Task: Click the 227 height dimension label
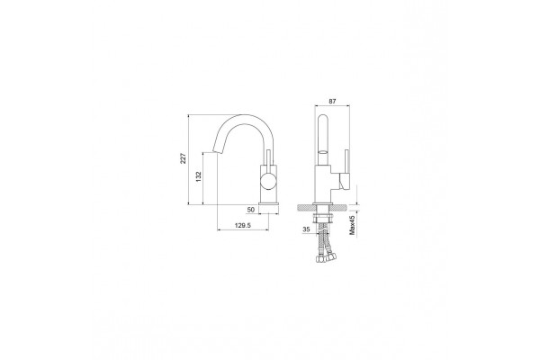(x=184, y=158)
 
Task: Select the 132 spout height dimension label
(x=198, y=176)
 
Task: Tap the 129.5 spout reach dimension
(x=243, y=225)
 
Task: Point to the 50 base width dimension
(x=251, y=210)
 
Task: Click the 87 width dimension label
(x=332, y=102)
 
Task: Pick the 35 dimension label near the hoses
(x=306, y=229)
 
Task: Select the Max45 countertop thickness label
(x=352, y=225)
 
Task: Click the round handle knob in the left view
(x=268, y=181)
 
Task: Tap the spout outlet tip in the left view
(x=215, y=151)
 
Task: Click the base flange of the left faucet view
(x=268, y=203)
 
